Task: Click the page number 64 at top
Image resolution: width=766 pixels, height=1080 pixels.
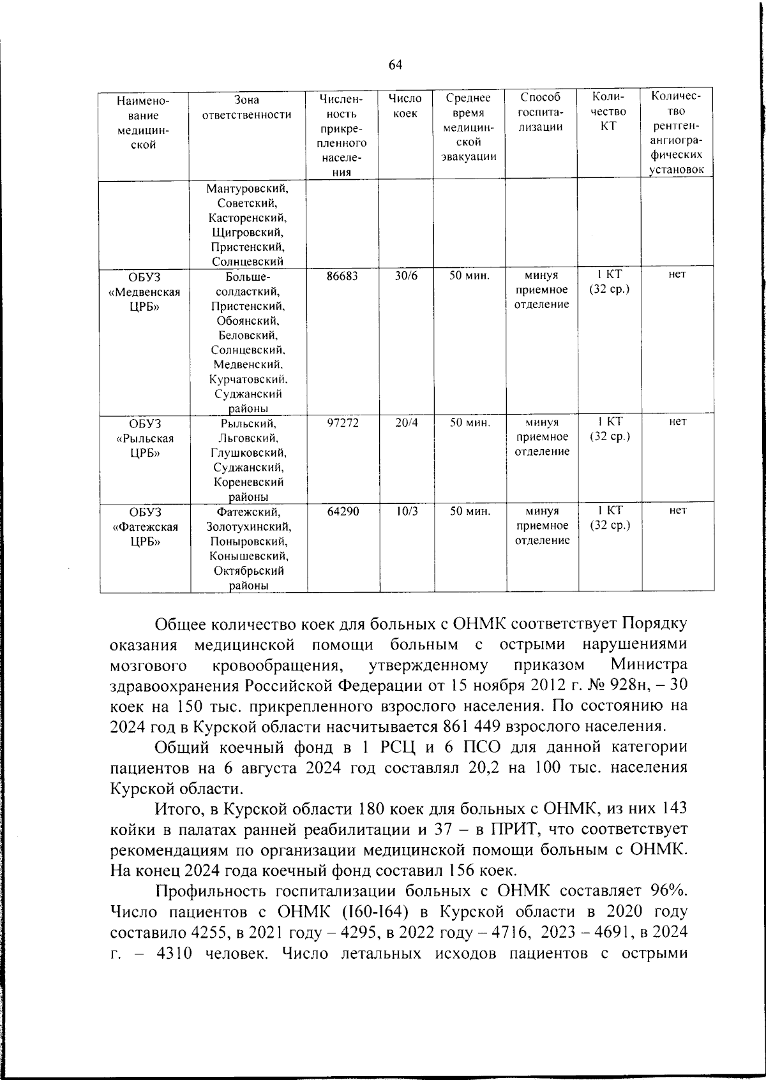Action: [395, 64]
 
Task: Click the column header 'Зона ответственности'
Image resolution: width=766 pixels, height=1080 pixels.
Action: [246, 107]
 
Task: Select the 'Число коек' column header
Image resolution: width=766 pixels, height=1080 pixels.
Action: [405, 106]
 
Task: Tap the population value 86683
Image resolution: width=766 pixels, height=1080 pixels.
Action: [343, 276]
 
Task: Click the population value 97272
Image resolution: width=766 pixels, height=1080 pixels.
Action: [343, 423]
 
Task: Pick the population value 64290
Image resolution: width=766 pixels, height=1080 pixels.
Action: [343, 511]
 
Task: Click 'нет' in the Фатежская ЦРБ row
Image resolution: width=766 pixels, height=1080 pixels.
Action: [677, 511]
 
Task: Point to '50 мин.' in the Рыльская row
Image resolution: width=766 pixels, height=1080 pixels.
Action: [470, 423]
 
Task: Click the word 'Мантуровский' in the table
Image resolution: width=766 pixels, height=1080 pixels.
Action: [248, 189]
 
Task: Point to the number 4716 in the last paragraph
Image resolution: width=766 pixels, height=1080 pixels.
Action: [506, 931]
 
